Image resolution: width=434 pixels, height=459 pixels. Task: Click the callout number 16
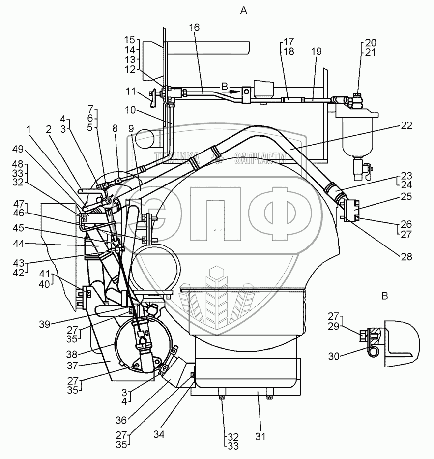click(195, 28)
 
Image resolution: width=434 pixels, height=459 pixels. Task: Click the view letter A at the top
click(243, 10)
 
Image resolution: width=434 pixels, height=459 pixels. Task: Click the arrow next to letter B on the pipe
click(233, 91)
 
